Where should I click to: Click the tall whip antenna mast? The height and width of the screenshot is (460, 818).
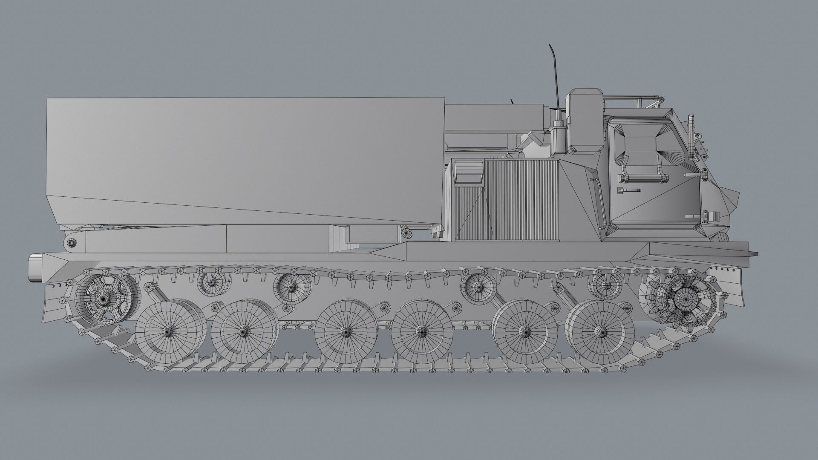click(556, 77)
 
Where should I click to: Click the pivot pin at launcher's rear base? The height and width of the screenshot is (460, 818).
click(72, 243)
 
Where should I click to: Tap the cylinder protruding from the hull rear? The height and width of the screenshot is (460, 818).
click(35, 267)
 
